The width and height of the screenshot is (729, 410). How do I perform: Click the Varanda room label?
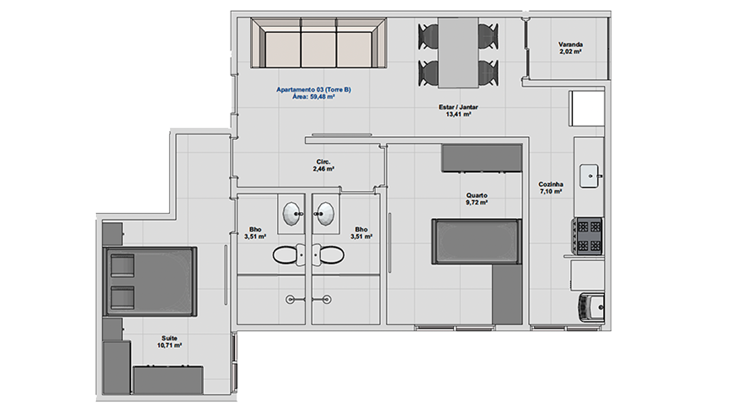pos(570,45)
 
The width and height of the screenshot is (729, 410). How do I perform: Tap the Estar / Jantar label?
pos(458,107)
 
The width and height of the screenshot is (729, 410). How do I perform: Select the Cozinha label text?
pos(551,184)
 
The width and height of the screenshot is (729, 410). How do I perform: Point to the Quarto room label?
pos(476,195)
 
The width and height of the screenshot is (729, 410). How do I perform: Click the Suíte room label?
pos(169,338)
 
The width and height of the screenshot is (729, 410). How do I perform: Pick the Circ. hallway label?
pos(323,162)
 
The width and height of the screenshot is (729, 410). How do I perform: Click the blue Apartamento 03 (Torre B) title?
pos(313,90)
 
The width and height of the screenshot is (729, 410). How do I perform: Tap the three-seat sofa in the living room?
pos(318,43)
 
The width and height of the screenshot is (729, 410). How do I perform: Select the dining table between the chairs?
pos(458,53)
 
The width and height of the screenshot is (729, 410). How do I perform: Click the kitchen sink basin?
pos(589,177)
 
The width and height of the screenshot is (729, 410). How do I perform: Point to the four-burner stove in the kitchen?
pos(587,236)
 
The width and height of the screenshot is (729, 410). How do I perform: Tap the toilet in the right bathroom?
pos(329,255)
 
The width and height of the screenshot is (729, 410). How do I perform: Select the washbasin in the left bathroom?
pos(292,214)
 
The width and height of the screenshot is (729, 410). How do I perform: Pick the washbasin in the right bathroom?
pos(325,214)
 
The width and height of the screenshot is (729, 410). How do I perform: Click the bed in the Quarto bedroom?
pos(476,242)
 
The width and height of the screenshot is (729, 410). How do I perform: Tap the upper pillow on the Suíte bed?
pos(122,266)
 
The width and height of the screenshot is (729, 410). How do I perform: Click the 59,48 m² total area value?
pos(322,97)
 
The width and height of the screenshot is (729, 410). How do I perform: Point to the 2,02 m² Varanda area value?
pos(570,51)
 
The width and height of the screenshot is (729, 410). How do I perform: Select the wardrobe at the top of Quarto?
pos(482,158)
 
